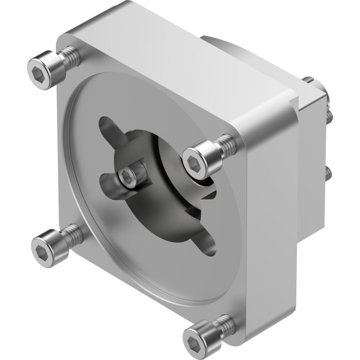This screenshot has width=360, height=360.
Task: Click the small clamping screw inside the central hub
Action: click(128, 176)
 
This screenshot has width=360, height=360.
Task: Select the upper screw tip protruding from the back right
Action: click(330, 117)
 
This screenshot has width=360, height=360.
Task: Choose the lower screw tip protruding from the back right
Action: click(329, 173)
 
